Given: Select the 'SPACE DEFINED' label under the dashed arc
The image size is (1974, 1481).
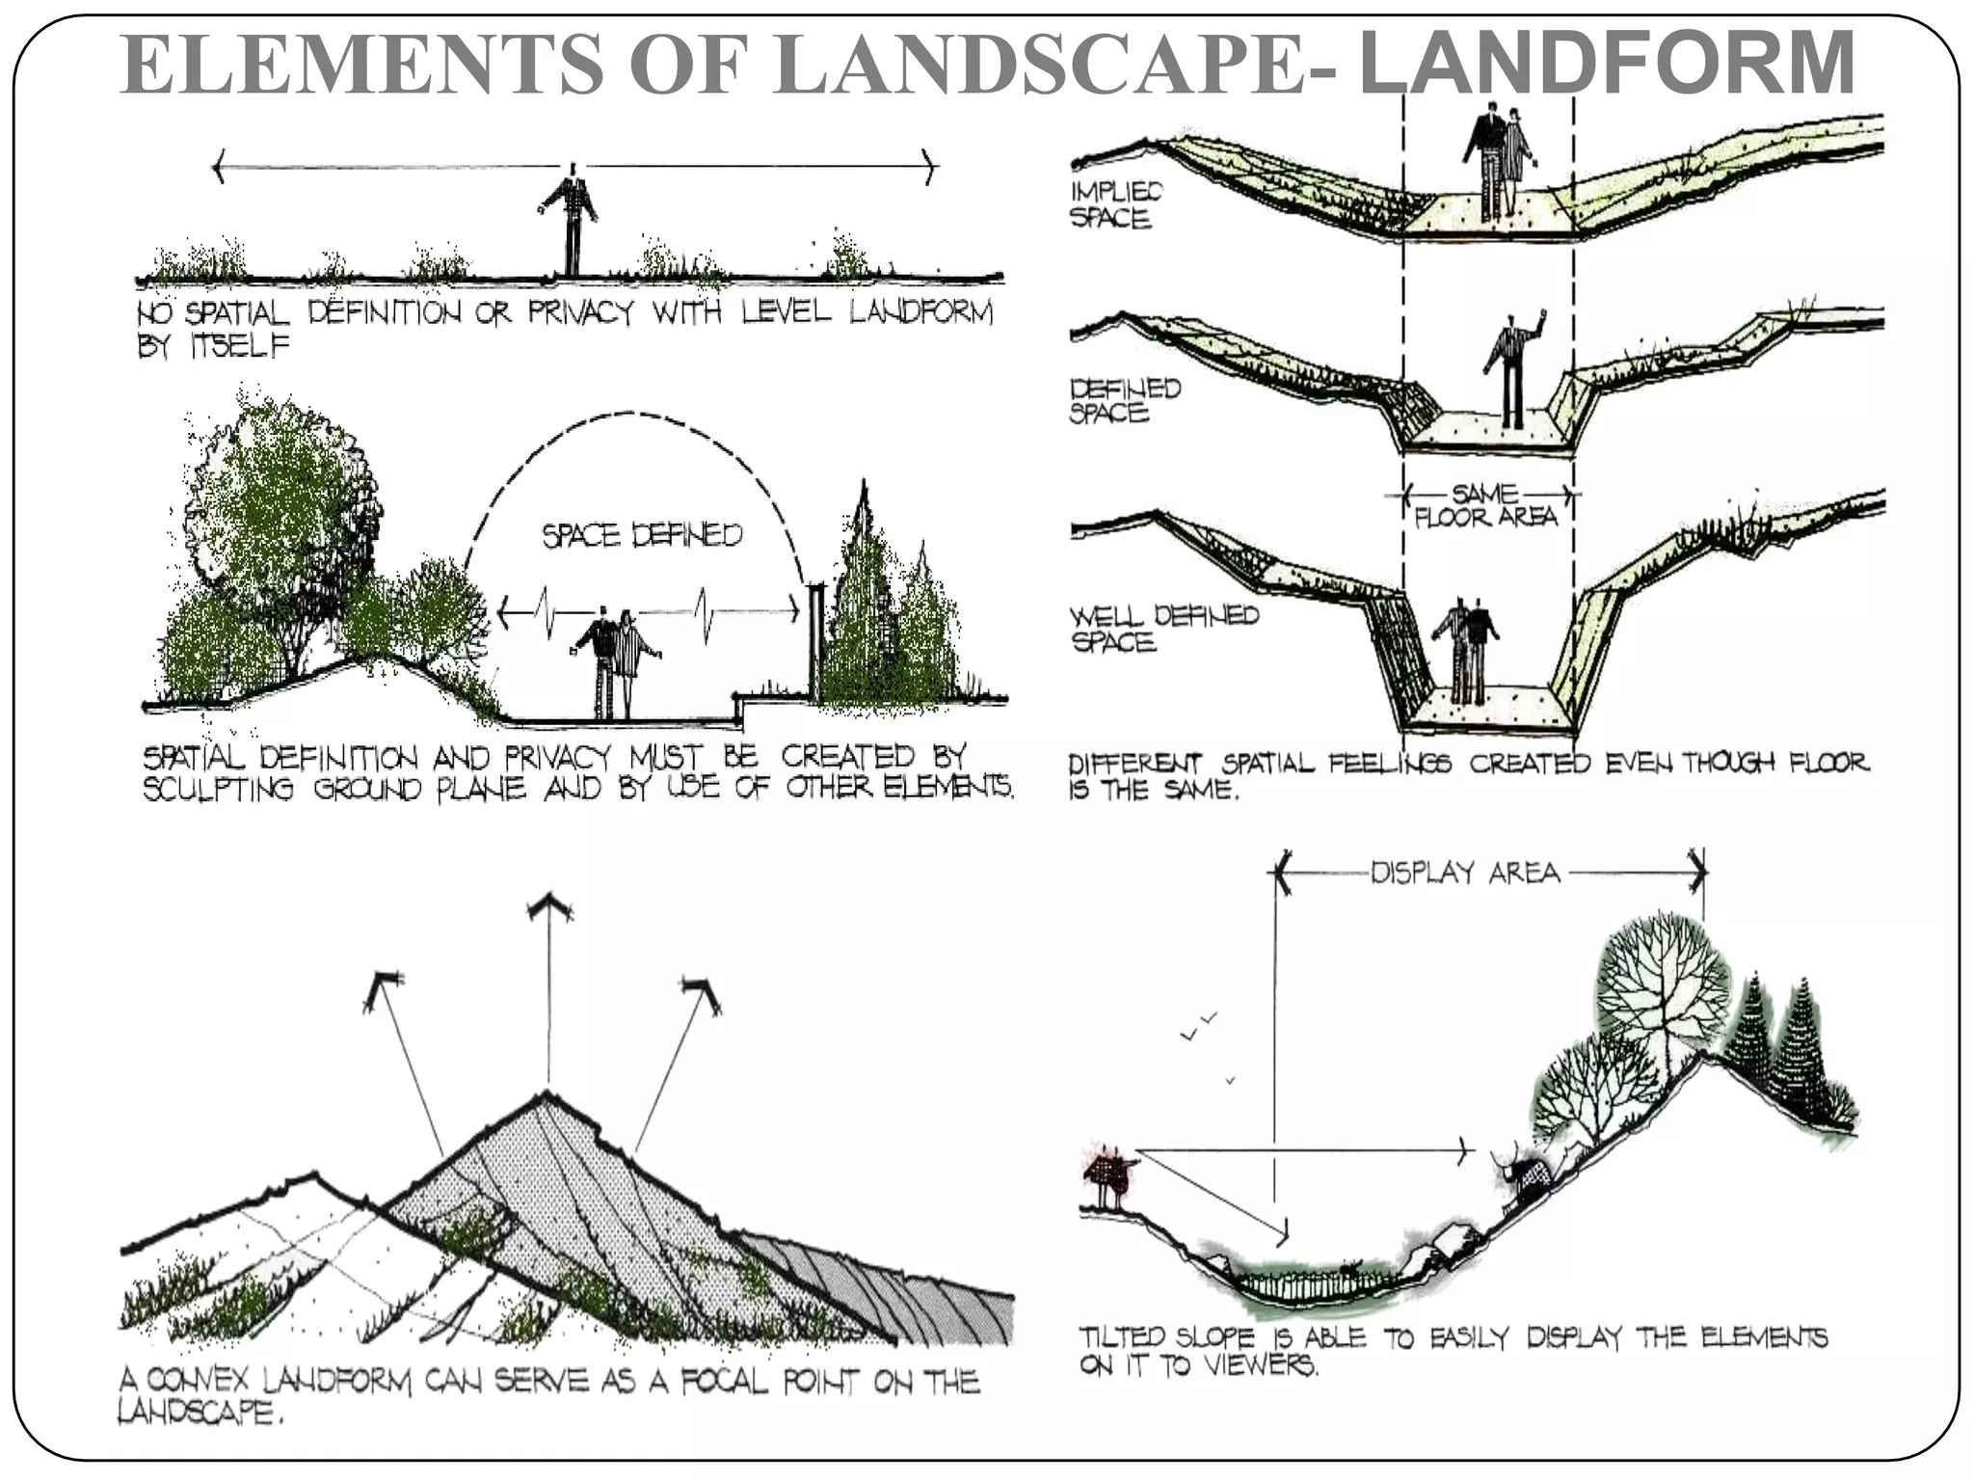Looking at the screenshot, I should [642, 535].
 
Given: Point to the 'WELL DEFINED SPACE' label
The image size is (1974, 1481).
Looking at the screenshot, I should [1163, 628].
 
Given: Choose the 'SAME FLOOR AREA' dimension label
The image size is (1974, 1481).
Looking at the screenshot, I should [1484, 506].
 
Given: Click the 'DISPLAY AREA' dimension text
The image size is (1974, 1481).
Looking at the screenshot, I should [1464, 874].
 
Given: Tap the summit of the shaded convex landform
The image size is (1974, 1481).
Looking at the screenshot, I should [547, 1097].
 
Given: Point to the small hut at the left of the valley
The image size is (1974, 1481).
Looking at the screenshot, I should [1109, 1174].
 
